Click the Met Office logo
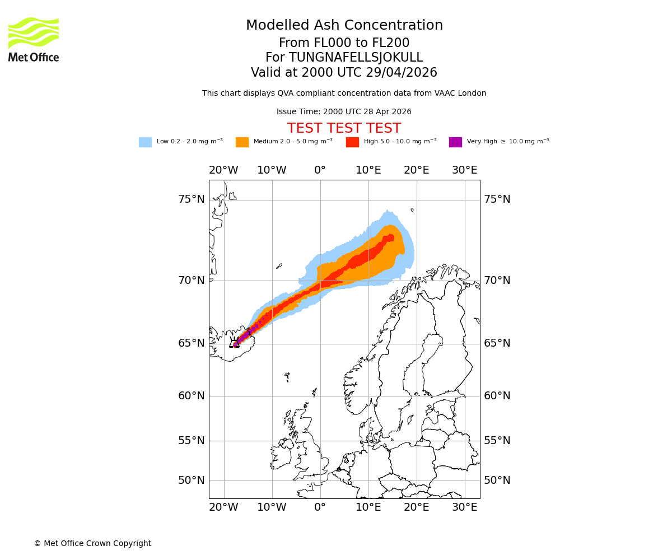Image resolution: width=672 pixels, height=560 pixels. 34,39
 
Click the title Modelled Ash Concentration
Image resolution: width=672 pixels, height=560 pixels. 344,26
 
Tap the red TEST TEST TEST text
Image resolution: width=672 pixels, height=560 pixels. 344,128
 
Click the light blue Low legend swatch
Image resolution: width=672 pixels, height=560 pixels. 145,142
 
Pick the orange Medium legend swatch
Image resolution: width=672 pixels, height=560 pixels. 242,142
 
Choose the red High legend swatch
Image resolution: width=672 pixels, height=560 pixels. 352,142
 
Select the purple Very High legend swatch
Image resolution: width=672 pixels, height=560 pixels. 455,142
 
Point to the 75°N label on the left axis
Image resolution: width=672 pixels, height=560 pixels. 192,199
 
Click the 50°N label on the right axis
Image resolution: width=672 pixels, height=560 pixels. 497,480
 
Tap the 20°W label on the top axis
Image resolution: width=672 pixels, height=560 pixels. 223,170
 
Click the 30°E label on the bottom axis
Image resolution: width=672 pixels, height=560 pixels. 465,507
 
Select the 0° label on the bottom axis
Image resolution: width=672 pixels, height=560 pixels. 320,507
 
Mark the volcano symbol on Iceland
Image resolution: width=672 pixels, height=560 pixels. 235,342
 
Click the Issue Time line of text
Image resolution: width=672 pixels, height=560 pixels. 344,112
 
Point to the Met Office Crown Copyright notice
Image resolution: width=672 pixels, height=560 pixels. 92,543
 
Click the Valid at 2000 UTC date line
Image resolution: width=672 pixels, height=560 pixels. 344,73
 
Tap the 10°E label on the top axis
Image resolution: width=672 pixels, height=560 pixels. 368,170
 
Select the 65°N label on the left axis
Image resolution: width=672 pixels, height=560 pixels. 192,343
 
